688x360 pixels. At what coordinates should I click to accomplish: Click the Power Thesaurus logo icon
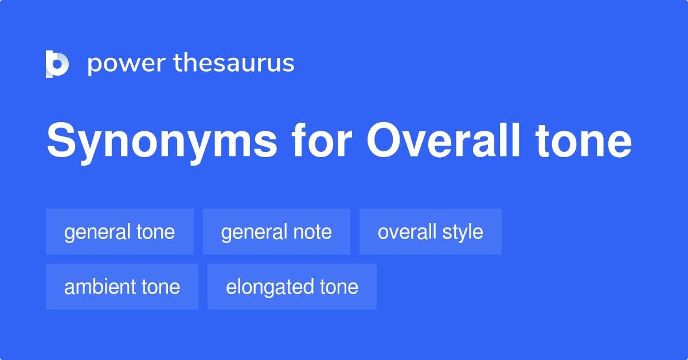tap(57, 64)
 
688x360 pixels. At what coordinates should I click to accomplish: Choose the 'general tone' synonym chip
tap(119, 232)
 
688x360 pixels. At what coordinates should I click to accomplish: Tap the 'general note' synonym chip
tap(276, 232)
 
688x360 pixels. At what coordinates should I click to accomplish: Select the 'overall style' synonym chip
tap(430, 232)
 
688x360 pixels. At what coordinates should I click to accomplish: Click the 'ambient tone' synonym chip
tap(122, 287)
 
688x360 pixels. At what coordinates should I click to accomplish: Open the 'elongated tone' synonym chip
tap(292, 287)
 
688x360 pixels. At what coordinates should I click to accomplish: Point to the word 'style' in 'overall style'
tap(463, 232)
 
